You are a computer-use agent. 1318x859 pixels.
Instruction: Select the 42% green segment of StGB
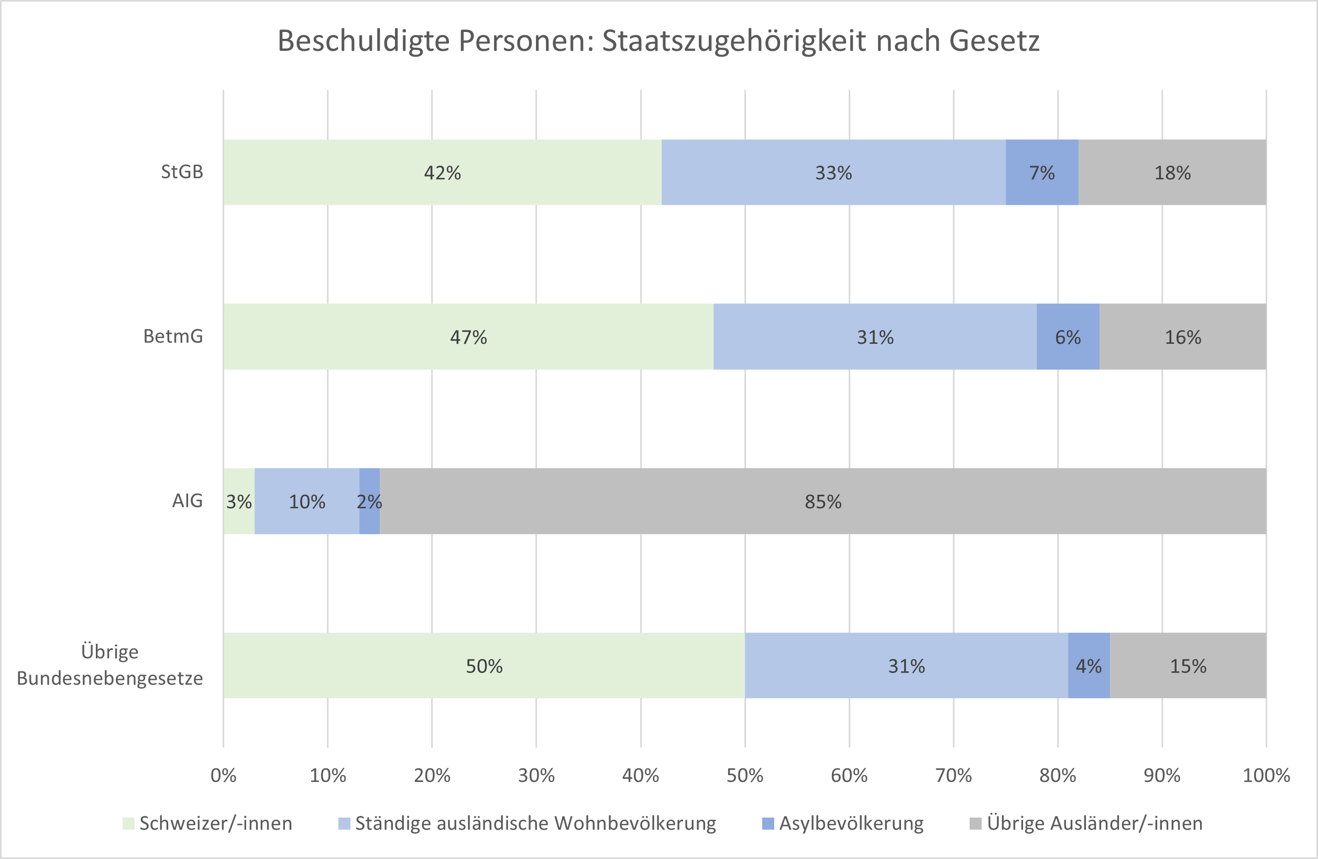click(x=442, y=172)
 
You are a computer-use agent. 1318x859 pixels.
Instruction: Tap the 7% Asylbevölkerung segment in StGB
click(x=1041, y=172)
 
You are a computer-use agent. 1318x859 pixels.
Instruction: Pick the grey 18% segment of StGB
click(x=1172, y=172)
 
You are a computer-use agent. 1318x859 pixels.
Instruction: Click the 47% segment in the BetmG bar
click(x=468, y=336)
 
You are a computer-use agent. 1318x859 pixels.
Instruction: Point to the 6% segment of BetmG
click(x=1067, y=336)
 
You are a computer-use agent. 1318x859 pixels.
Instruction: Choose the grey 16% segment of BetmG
click(x=1182, y=336)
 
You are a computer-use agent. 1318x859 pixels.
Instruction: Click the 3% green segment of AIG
click(x=239, y=501)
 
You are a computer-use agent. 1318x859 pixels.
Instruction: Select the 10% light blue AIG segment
click(x=307, y=501)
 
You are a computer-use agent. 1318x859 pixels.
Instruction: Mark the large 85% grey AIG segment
click(x=822, y=501)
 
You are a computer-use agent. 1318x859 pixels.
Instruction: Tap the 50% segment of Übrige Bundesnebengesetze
click(x=484, y=665)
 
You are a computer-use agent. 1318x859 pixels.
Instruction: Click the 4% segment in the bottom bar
click(x=1088, y=665)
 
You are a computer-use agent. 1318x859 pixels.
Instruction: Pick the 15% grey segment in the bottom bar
click(x=1188, y=665)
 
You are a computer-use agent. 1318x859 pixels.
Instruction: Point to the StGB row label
click(x=182, y=172)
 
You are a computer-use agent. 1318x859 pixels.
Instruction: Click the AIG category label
click(x=187, y=501)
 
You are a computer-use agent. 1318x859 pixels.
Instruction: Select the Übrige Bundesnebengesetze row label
click(x=109, y=665)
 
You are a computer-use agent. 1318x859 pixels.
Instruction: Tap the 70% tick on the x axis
click(x=953, y=775)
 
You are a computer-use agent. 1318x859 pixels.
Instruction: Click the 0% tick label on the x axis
click(x=223, y=775)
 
